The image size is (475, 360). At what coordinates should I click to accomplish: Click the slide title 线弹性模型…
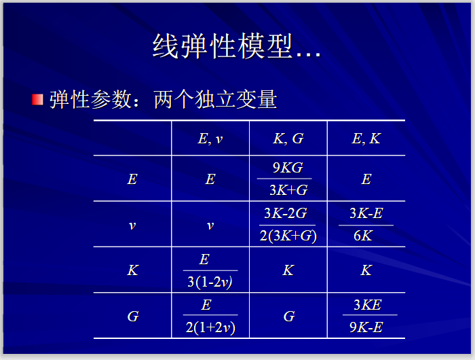tap(237, 47)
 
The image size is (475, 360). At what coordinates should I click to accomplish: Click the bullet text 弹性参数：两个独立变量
tap(163, 99)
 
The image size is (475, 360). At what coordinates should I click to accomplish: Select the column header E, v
tap(210, 139)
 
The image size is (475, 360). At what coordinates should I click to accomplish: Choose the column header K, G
tap(288, 139)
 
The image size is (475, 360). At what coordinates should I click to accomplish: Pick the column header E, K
tap(366, 139)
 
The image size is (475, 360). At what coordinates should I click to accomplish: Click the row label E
tap(132, 179)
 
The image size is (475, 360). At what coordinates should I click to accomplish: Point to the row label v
tap(132, 225)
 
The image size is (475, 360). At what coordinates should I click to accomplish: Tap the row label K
tap(132, 270)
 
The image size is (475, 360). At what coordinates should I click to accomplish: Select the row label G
tap(132, 317)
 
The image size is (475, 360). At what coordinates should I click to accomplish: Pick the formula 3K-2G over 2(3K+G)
tap(288, 225)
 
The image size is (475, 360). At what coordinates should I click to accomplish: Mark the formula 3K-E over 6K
tap(366, 225)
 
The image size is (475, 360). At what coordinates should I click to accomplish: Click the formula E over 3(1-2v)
tap(210, 270)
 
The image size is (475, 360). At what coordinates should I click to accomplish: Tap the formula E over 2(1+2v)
tap(210, 316)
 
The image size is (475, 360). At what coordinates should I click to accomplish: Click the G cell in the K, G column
tap(288, 317)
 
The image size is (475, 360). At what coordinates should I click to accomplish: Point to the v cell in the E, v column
tap(210, 225)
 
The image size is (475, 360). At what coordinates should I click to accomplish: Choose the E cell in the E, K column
tap(366, 179)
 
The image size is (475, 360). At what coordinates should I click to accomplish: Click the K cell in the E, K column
tap(366, 270)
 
